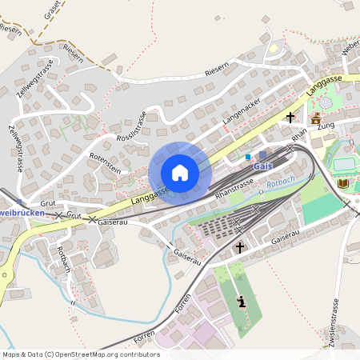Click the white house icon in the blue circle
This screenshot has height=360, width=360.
click(180, 172)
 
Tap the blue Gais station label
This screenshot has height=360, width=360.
click(263, 166)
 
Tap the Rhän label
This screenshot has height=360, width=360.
click(299, 138)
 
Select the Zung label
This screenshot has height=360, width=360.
click(326, 126)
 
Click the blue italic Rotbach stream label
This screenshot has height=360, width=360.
click(281, 181)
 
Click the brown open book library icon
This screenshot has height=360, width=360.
click(342, 183)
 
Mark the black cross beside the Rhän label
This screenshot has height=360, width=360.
click(290, 118)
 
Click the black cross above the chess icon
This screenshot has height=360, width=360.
click(239, 248)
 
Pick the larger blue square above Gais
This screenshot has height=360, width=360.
click(262, 155)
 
